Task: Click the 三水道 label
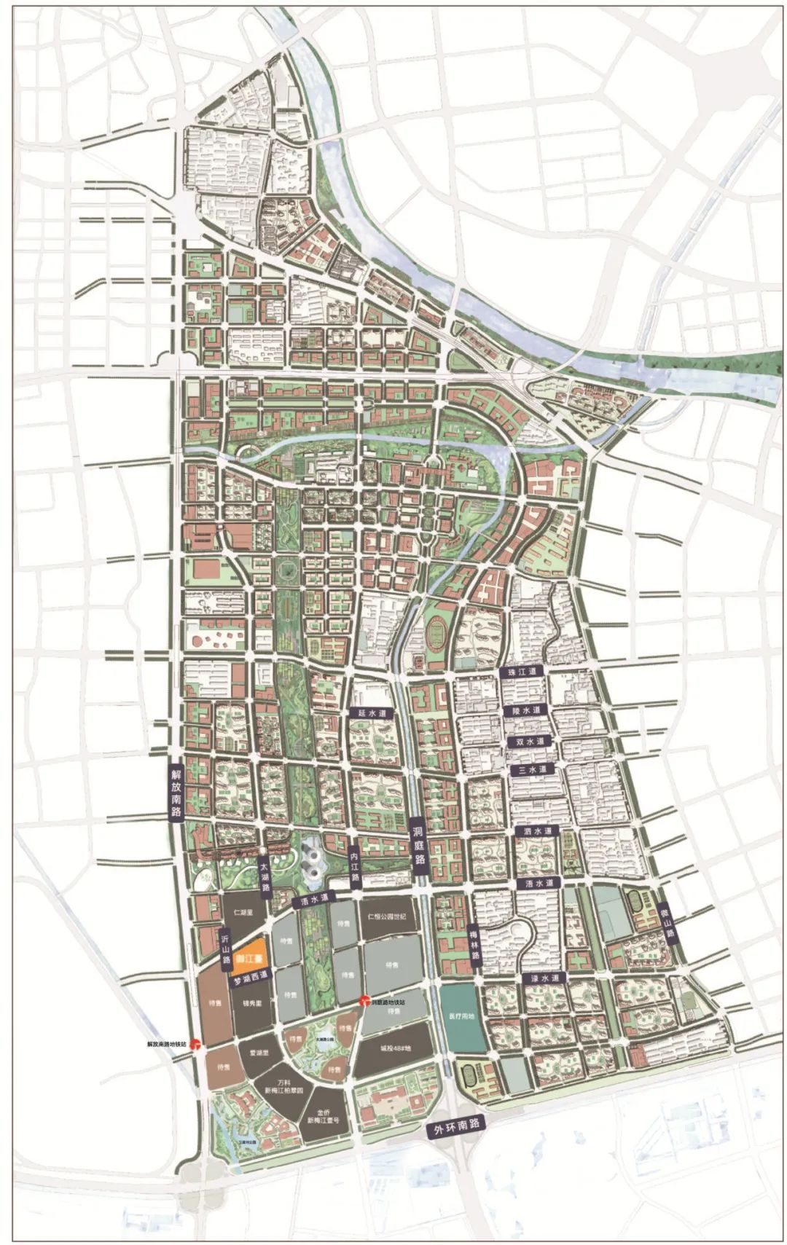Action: pos(533,769)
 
